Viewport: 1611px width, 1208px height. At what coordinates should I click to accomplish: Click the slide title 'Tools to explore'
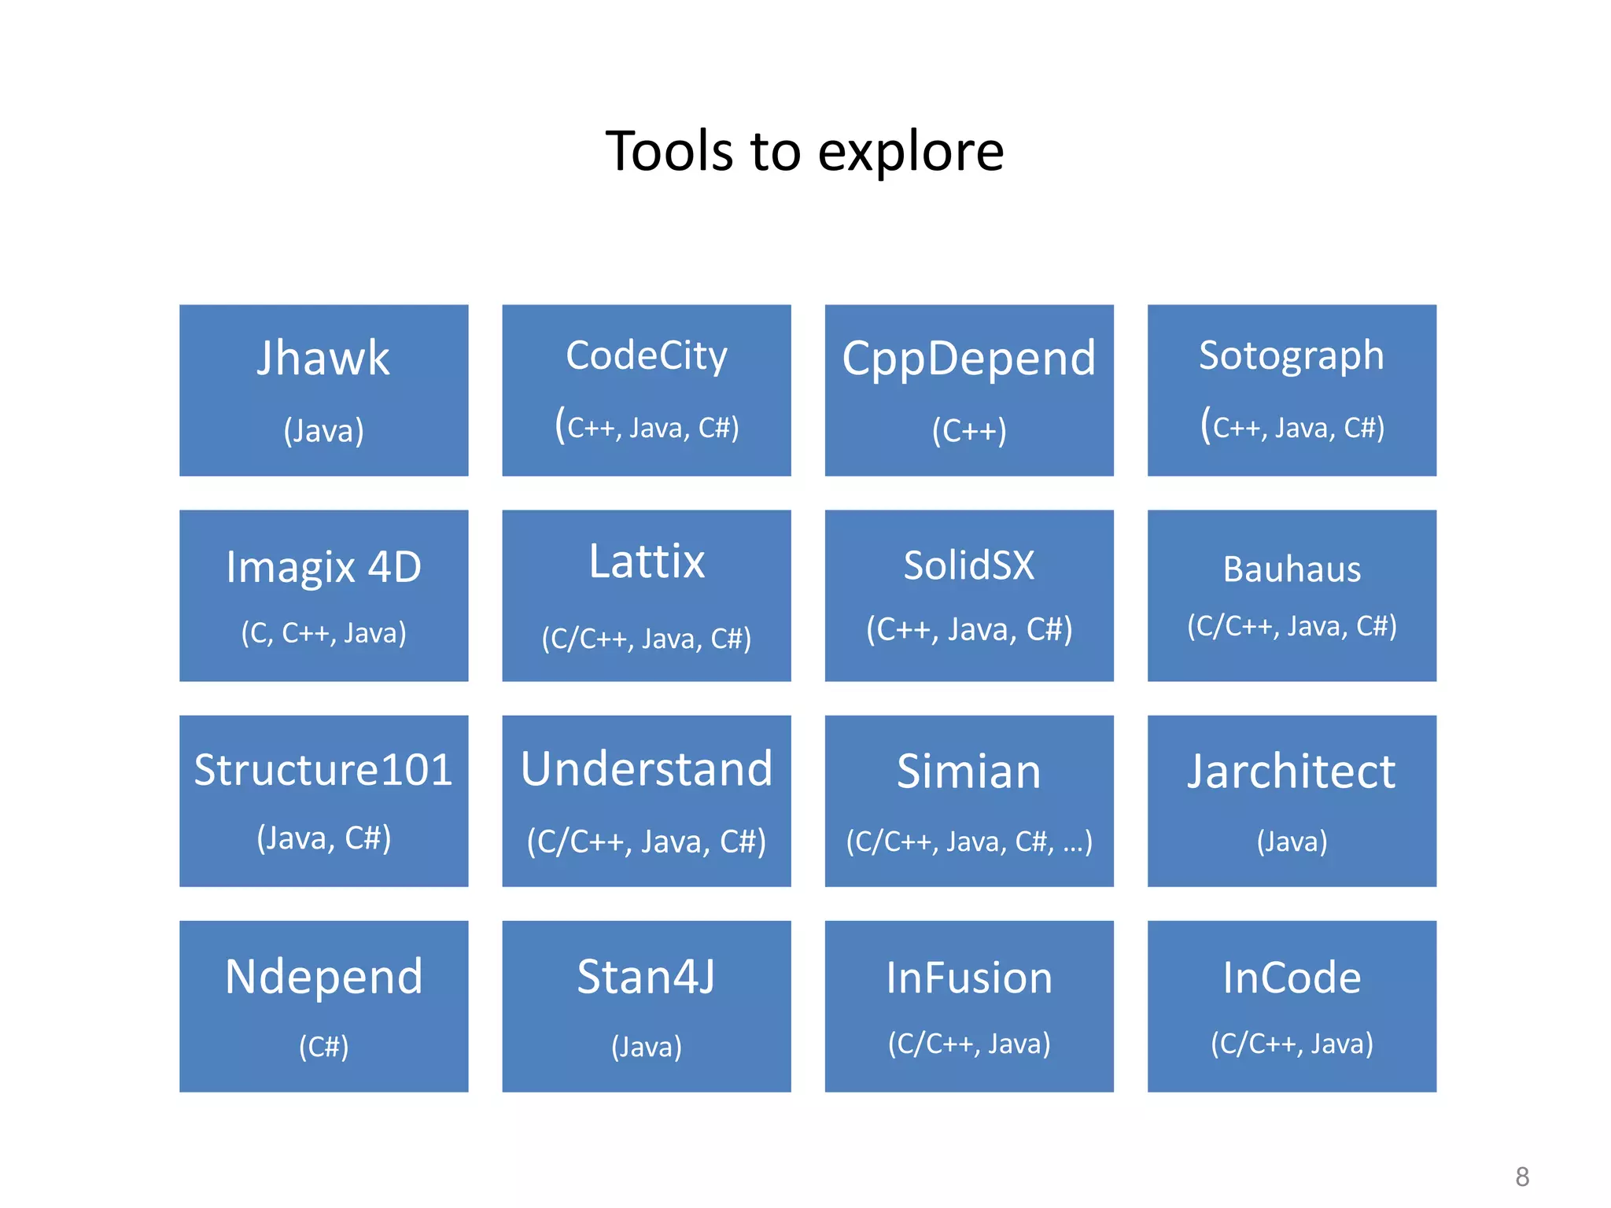pyautogui.click(x=804, y=151)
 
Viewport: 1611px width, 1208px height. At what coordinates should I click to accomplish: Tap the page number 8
pyautogui.click(x=1522, y=1177)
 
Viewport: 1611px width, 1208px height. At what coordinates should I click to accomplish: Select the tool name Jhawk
pyautogui.click(x=323, y=359)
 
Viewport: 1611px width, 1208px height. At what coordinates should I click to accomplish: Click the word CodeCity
pyautogui.click(x=647, y=355)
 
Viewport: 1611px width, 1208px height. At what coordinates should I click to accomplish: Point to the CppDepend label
pyautogui.click(x=968, y=359)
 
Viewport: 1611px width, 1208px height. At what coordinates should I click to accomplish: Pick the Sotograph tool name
pyautogui.click(x=1291, y=355)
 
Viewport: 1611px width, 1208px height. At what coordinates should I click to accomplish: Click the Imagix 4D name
pyautogui.click(x=323, y=567)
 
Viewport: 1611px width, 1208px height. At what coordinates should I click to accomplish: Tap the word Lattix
pyautogui.click(x=647, y=562)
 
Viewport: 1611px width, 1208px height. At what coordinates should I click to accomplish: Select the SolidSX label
pyautogui.click(x=968, y=565)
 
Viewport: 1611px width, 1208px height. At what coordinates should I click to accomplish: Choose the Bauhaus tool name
pyautogui.click(x=1292, y=569)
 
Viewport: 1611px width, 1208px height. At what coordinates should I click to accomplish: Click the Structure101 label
pyautogui.click(x=323, y=770)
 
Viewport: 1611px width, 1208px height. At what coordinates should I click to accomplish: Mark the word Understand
pyautogui.click(x=647, y=769)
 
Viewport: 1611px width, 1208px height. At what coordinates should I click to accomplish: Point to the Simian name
pyautogui.click(x=968, y=772)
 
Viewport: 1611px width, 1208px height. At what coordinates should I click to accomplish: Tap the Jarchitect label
pyautogui.click(x=1292, y=772)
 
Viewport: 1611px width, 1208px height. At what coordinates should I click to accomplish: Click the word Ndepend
pyautogui.click(x=323, y=977)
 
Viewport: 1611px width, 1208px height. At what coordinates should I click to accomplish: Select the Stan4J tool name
pyautogui.click(x=647, y=977)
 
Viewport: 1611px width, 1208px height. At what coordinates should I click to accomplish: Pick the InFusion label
pyautogui.click(x=968, y=978)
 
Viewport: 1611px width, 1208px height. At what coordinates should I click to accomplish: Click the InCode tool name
pyautogui.click(x=1292, y=978)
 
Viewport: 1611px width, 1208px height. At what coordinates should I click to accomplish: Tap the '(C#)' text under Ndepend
pyautogui.click(x=323, y=1047)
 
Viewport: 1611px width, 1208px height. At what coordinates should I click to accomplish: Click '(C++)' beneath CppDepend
pyautogui.click(x=968, y=431)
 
